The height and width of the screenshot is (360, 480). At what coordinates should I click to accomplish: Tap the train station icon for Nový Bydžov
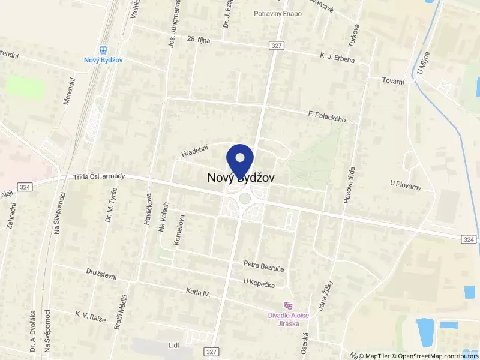pos(103,50)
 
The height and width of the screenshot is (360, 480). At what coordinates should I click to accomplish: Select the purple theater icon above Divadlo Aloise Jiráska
pos(288,305)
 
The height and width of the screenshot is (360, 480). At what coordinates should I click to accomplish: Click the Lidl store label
pos(174,346)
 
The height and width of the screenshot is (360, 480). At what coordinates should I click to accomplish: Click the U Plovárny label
pos(406,186)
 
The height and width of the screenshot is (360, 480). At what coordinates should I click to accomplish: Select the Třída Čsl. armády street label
pos(99,176)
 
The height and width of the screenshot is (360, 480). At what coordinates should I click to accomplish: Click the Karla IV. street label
pos(198,293)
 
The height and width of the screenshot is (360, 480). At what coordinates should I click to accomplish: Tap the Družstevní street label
pos(101,275)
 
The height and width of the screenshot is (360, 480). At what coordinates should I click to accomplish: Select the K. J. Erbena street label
pos(337,58)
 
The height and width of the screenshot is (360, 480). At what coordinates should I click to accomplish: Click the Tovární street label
pos(394,80)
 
